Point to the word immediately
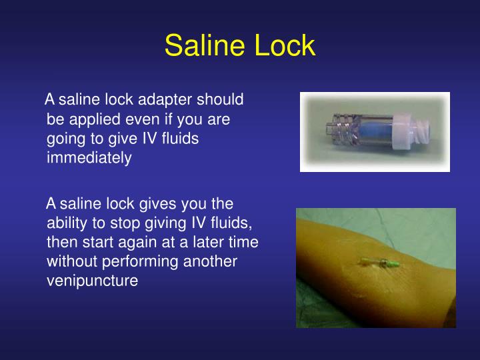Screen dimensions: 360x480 89,158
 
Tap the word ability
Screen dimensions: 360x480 66,222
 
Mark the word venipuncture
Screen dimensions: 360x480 93,281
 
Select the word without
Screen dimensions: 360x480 71,261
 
